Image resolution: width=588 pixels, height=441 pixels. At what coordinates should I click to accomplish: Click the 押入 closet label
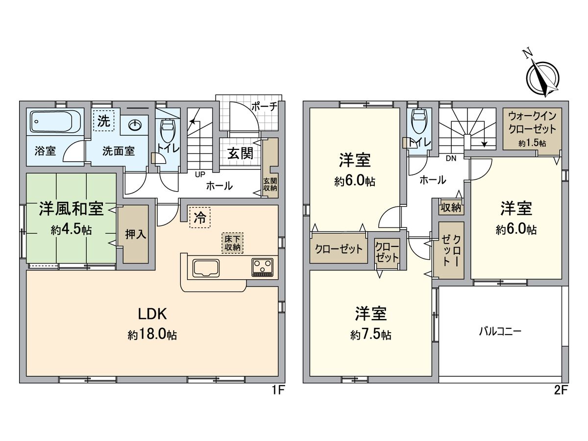click(x=135, y=234)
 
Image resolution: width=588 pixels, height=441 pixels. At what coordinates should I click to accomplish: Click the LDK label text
click(x=152, y=314)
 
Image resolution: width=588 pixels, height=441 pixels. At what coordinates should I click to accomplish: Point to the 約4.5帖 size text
click(x=71, y=229)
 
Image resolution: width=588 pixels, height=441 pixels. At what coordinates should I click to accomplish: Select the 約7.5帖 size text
click(x=370, y=335)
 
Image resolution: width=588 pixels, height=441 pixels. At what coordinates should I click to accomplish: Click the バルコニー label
click(x=500, y=331)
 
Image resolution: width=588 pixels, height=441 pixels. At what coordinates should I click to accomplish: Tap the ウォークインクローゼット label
click(x=532, y=123)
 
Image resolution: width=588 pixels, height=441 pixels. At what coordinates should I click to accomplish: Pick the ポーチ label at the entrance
click(x=264, y=106)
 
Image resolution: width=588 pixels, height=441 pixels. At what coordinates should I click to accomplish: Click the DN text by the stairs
click(x=451, y=158)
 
